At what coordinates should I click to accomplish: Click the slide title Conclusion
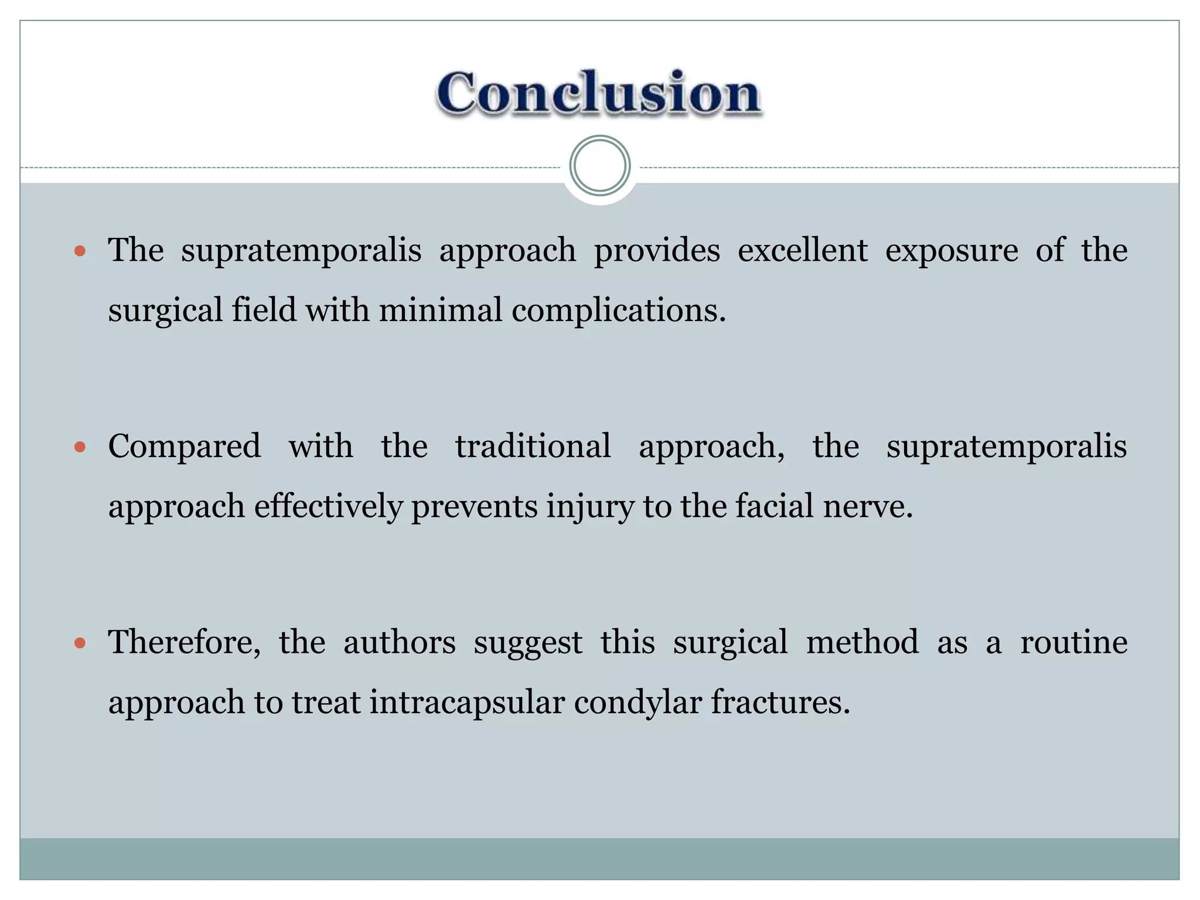pyautogui.click(x=598, y=94)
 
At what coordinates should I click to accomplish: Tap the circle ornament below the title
pyautogui.click(x=599, y=166)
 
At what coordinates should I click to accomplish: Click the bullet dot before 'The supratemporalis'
pyautogui.click(x=80, y=252)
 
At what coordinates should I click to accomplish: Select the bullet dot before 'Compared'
pyautogui.click(x=80, y=448)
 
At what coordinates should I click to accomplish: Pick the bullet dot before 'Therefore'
pyautogui.click(x=80, y=643)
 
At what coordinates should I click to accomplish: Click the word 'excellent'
pyautogui.click(x=802, y=251)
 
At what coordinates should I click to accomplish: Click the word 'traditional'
pyautogui.click(x=533, y=446)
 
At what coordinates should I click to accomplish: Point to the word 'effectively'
pyautogui.click(x=328, y=506)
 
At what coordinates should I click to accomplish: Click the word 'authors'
pyautogui.click(x=399, y=642)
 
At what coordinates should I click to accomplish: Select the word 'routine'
pyautogui.click(x=1073, y=642)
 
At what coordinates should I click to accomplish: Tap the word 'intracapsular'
pyautogui.click(x=466, y=702)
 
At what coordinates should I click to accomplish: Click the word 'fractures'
pyautogui.click(x=779, y=702)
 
